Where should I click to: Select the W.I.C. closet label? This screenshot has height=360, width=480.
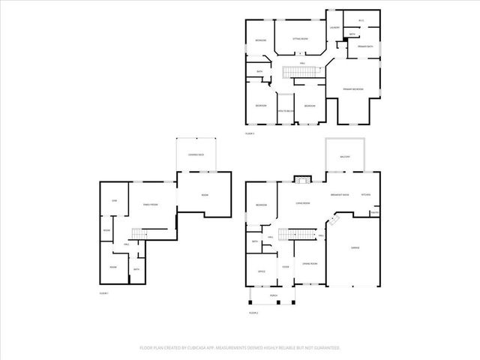tap(361, 20)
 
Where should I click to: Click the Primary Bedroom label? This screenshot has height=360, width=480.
tap(353, 89)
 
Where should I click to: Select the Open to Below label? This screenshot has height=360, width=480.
tap(286, 111)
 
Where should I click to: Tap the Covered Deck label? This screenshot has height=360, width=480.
tap(196, 154)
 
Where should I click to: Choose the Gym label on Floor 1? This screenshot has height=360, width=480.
tap(115, 201)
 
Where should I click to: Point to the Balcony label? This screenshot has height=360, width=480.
tap(344, 155)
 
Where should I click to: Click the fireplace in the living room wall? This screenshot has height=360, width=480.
tap(302, 180)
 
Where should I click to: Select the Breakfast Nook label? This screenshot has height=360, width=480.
tap(341, 195)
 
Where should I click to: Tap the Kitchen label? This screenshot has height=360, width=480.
tap(366, 195)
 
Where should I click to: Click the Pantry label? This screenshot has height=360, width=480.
tap(374, 212)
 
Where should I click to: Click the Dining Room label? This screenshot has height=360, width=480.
tap(310, 263)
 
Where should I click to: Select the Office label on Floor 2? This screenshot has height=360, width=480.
tap(262, 271)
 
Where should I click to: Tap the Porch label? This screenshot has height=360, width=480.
tap(274, 295)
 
